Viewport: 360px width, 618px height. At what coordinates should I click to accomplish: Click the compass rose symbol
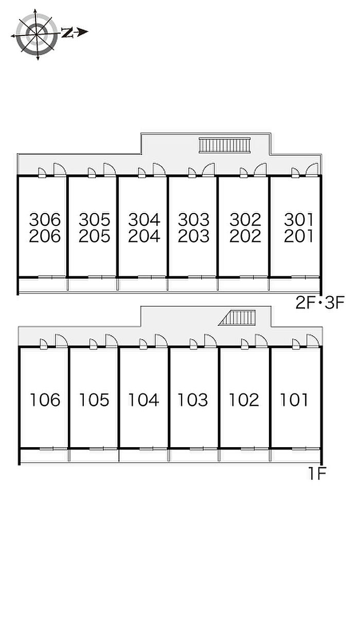click(37, 34)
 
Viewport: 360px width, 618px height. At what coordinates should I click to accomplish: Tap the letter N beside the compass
click(67, 33)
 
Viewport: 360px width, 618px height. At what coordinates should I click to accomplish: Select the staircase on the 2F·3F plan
click(224, 145)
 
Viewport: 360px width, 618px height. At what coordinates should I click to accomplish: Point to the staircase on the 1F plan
click(238, 318)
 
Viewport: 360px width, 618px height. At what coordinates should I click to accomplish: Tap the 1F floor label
click(317, 473)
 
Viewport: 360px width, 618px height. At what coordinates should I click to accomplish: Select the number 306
click(45, 220)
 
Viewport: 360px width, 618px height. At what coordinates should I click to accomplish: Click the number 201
click(298, 236)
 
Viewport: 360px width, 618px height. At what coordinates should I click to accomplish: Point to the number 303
click(193, 220)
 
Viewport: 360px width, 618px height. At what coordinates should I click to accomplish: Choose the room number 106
click(45, 399)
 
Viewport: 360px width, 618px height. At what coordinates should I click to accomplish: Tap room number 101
click(294, 399)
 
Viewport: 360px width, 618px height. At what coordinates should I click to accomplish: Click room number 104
click(143, 399)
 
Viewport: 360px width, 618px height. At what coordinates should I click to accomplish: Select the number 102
click(244, 399)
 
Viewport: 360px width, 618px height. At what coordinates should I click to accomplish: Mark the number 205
click(94, 236)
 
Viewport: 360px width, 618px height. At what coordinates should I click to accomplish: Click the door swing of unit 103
click(210, 341)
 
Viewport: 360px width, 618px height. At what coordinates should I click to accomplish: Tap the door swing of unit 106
click(62, 341)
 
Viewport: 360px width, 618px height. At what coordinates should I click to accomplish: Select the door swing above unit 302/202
click(260, 169)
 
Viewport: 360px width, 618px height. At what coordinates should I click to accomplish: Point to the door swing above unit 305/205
click(110, 169)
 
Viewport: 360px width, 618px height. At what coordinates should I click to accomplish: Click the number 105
click(94, 399)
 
